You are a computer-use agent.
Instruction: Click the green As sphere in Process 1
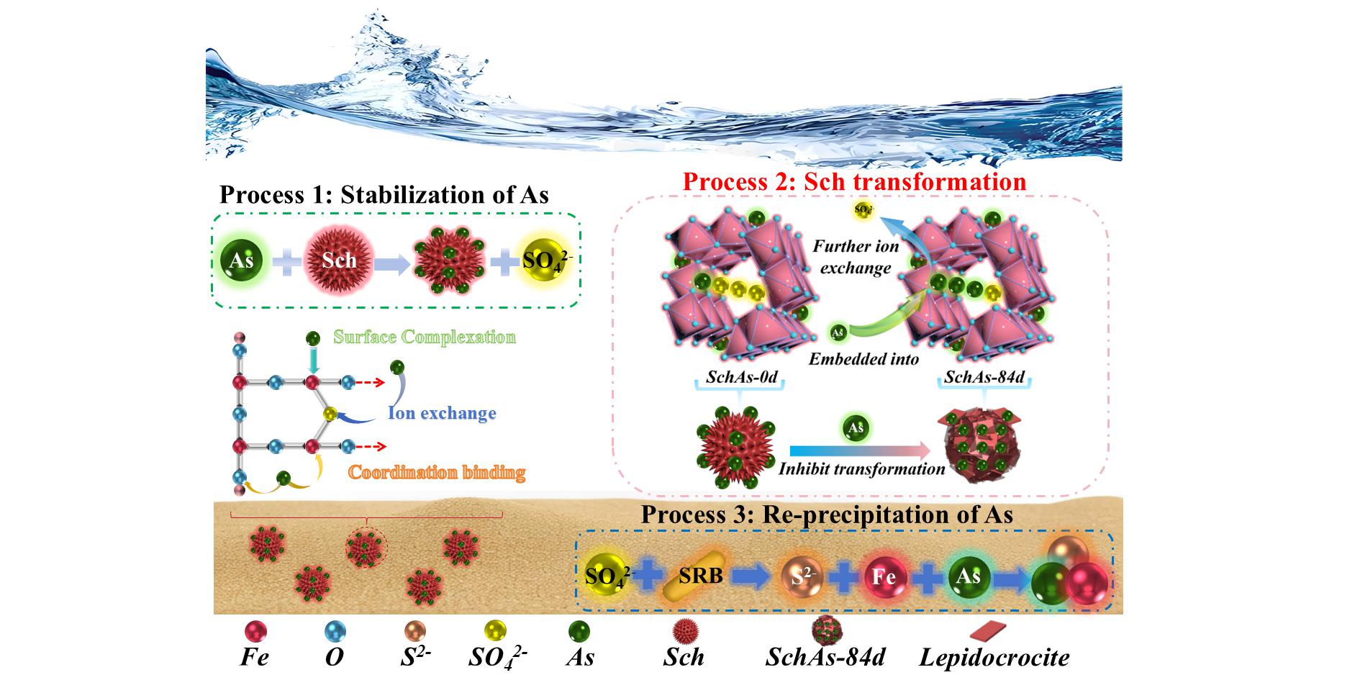pos(242,260)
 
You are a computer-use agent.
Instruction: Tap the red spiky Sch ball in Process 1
pos(339,260)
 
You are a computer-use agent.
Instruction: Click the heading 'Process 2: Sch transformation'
pos(854,181)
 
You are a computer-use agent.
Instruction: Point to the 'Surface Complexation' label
pos(425,337)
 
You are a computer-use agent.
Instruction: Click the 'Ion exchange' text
pos(442,414)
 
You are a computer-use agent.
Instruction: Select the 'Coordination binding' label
pos(437,473)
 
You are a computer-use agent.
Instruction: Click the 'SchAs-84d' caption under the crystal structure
pos(982,377)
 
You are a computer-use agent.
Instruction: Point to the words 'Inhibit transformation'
pos(861,469)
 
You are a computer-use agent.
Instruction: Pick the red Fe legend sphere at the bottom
pos(255,632)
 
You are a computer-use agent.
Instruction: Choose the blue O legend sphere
pos(335,632)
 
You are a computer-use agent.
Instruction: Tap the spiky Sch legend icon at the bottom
pos(684,632)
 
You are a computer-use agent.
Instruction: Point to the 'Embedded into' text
pos(863,358)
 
